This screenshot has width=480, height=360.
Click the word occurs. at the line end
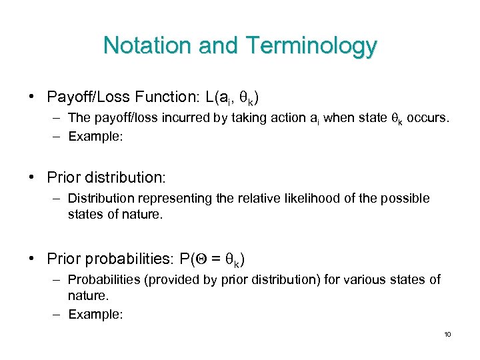coord(429,119)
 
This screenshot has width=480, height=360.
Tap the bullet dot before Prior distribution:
coord(32,177)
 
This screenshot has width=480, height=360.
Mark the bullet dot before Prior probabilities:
coord(32,258)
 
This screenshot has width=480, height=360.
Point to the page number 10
coord(447,334)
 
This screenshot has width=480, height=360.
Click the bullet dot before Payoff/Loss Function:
coord(32,97)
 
